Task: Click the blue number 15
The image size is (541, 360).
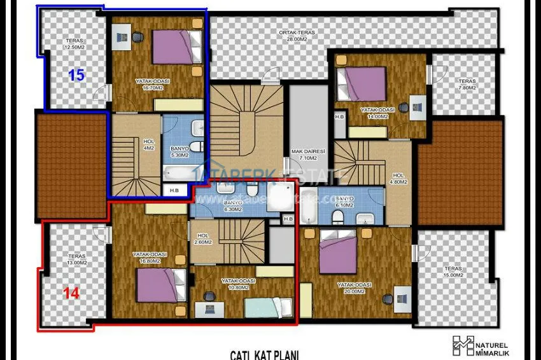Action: pos(76,75)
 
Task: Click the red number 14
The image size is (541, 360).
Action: pos(71,293)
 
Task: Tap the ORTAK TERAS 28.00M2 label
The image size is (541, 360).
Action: pos(297,36)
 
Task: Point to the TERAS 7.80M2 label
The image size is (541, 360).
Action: pos(467,85)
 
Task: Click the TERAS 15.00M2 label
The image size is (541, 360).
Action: pos(454,273)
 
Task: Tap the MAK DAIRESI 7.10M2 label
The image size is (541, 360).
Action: pos(309,155)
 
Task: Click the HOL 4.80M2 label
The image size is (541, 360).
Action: pos(398,179)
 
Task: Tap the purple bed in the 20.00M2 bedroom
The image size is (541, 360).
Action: pos(337,252)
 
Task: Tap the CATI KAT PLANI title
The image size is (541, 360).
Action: pos(264,355)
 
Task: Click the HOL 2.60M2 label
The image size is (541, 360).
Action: pos(203,237)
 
